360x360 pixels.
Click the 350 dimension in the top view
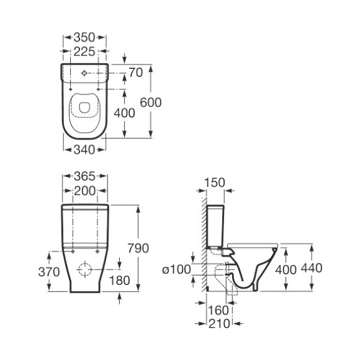(x=84, y=37)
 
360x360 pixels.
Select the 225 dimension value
(x=84, y=52)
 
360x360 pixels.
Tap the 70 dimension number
(x=136, y=73)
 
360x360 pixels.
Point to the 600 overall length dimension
(x=151, y=102)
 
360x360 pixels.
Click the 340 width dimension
(x=84, y=150)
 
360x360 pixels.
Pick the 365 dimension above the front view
(x=84, y=176)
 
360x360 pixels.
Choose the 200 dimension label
(x=84, y=191)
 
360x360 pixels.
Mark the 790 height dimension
(x=138, y=248)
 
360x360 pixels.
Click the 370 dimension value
(x=49, y=272)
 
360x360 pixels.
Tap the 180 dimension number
(x=119, y=281)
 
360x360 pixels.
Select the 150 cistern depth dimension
(x=215, y=182)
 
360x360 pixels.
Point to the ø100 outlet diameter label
(x=176, y=269)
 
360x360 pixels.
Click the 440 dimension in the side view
(x=312, y=268)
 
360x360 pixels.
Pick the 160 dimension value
(x=218, y=310)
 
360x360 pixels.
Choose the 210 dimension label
(x=219, y=324)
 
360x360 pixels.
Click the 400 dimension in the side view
(x=286, y=269)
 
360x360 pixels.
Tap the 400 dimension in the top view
(x=124, y=113)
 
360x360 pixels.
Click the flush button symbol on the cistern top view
(x=84, y=73)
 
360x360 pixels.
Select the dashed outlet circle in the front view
(x=85, y=269)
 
